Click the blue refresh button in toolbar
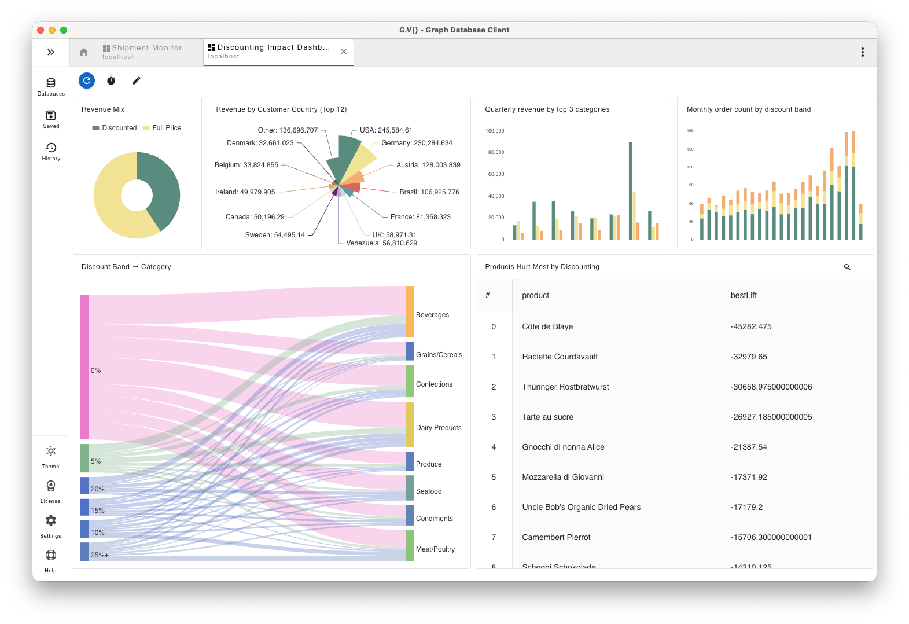(87, 80)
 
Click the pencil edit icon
(137, 80)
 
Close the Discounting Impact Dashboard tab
(344, 52)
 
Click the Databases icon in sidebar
(51, 86)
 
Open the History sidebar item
(51, 151)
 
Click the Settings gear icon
(51, 524)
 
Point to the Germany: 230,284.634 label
(417, 143)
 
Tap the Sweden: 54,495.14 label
(274, 235)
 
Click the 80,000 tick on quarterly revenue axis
(496, 152)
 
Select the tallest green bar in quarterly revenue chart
(630, 191)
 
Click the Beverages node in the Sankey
(410, 311)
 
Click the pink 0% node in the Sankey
(84, 367)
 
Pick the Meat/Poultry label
(435, 549)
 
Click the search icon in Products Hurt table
(847, 267)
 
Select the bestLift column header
(744, 295)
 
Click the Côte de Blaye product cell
(547, 326)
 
